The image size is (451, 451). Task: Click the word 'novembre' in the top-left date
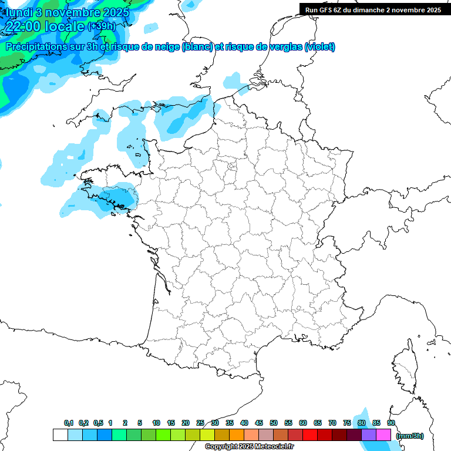coord(68,12)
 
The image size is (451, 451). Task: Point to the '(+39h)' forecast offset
coord(101,26)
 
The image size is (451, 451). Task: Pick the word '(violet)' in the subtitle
coord(320,47)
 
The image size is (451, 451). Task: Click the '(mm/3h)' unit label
coord(409,436)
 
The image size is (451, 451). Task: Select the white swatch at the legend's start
coord(60,435)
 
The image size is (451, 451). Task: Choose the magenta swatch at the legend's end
coord(383,435)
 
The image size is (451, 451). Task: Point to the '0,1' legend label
coord(68,423)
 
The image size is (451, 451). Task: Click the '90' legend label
coord(391,423)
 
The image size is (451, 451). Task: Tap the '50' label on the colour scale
coord(274,423)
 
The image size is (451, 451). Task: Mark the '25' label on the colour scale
coord(200,423)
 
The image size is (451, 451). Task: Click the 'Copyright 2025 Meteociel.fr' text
coord(249,447)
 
